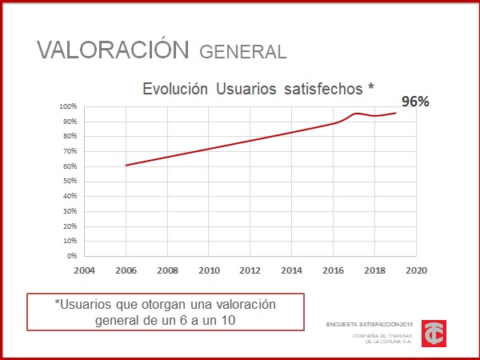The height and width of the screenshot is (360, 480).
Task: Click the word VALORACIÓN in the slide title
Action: [x=113, y=49]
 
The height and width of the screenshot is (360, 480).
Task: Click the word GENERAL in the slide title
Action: [x=242, y=52]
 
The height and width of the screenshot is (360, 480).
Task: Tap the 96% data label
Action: [x=415, y=102]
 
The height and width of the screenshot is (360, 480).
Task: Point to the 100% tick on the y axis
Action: [x=67, y=106]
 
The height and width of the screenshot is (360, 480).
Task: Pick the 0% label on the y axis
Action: [x=71, y=256]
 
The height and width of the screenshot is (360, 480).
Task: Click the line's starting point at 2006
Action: [x=126, y=166]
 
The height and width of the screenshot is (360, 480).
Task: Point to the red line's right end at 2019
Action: [x=396, y=113]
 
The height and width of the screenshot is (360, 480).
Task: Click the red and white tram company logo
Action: [x=434, y=333]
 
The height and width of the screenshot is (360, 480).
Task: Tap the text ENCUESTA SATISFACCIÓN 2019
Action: [x=366, y=324]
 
